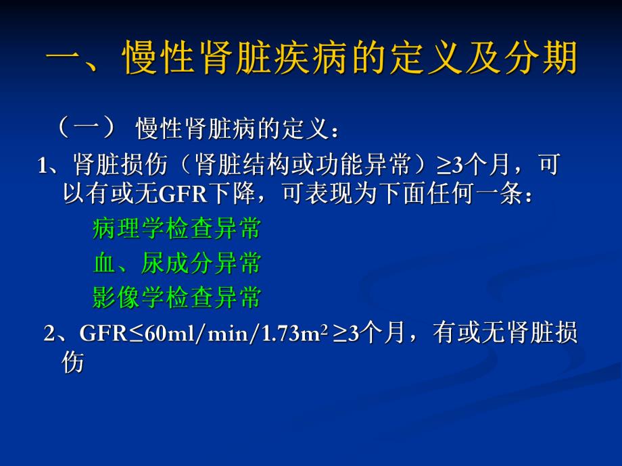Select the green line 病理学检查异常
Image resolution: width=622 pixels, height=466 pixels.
pos(176,229)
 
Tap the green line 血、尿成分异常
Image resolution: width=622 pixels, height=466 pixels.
pos(176,263)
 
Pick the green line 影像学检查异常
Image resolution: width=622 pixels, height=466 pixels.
pos(176,297)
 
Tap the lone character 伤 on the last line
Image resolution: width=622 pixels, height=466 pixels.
pos(73,363)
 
